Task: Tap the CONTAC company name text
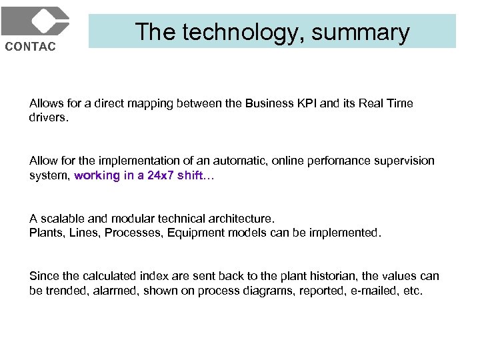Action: point(31,46)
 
